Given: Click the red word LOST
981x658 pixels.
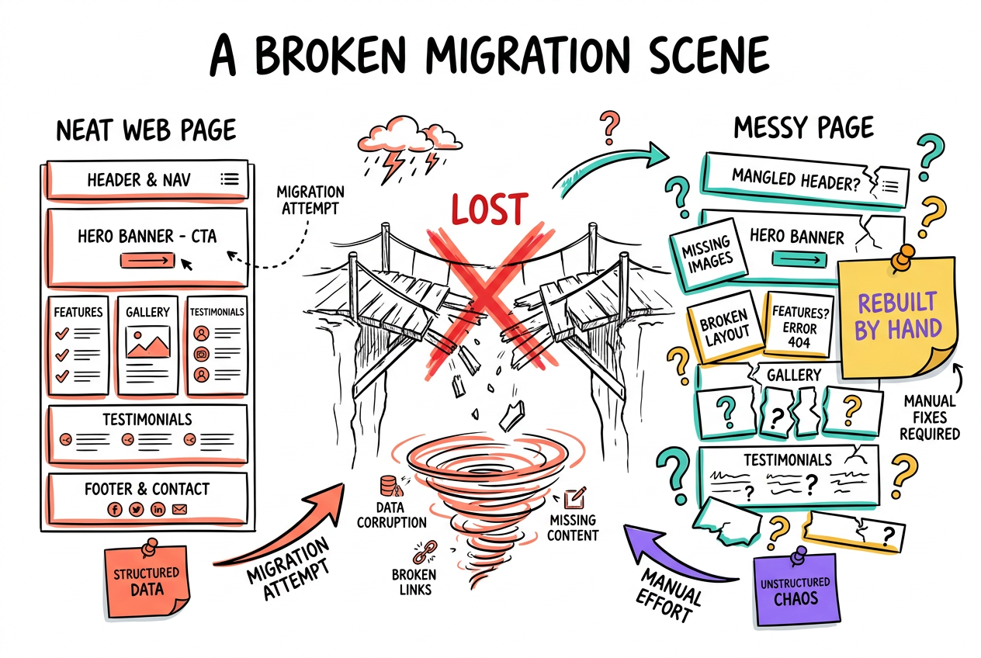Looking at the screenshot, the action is point(489,209).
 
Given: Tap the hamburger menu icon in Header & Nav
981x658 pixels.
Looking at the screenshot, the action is point(230,178).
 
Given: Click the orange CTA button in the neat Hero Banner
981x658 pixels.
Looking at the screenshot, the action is point(147,261).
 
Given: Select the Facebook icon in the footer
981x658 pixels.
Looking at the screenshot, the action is point(115,509).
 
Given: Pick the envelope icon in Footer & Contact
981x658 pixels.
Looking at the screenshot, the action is point(179,509).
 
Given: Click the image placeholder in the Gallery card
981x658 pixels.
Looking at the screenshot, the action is point(147,342).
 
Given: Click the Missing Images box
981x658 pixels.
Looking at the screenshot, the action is point(708,255).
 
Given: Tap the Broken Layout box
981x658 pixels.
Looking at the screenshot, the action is point(725,327).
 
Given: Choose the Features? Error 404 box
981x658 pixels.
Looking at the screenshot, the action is point(799,326).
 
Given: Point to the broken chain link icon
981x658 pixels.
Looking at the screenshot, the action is point(425,552).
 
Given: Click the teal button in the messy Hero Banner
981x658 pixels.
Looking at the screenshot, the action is point(799,260).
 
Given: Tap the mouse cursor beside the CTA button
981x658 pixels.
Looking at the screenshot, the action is point(186,264).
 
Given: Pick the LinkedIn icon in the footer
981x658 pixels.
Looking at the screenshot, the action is point(158,509).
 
